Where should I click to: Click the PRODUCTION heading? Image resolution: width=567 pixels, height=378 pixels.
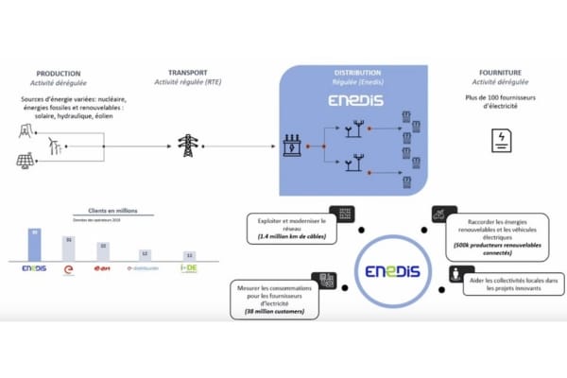pos(58,73)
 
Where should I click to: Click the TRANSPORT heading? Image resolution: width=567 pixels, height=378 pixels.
pos(188,73)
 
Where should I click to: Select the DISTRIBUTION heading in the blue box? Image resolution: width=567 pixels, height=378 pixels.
pos(357,72)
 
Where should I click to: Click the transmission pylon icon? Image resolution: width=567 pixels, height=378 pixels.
pos(187,145)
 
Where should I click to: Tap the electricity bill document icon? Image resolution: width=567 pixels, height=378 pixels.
pos(497,142)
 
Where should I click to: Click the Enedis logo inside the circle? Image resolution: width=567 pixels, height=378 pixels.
pos(397,273)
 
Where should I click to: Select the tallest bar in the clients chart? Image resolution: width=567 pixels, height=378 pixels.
pos(34,244)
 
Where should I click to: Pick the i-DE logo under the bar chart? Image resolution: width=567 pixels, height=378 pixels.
pos(189,269)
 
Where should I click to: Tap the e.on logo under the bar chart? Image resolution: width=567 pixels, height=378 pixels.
pos(105,269)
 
